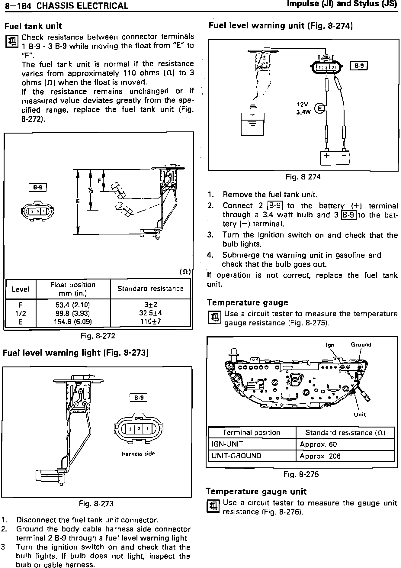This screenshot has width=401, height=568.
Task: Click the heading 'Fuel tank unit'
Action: pos(33,26)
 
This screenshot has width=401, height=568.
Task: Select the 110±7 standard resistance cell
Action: pos(150,321)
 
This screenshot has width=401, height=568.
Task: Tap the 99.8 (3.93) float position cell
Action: pos(73,313)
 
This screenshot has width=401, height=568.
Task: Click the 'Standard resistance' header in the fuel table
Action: pos(150,289)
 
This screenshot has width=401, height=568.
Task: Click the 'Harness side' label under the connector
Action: pos(138,454)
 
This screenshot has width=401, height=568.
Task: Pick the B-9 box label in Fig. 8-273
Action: pos(138,398)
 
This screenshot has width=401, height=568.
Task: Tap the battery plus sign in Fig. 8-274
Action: pos(327,156)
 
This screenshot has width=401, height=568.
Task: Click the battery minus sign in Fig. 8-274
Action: pos(344,156)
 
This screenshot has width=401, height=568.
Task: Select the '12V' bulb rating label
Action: pos(302,105)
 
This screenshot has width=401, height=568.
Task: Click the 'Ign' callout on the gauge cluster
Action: pos(330,345)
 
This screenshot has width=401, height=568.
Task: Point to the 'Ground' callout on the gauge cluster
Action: pos(361,345)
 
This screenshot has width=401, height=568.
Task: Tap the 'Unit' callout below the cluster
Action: pos(360,415)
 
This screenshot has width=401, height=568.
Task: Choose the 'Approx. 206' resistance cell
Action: pos(320,456)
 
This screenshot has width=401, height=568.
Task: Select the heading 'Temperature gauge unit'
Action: pos(256,492)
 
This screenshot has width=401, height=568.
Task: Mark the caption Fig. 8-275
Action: pos(301,474)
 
